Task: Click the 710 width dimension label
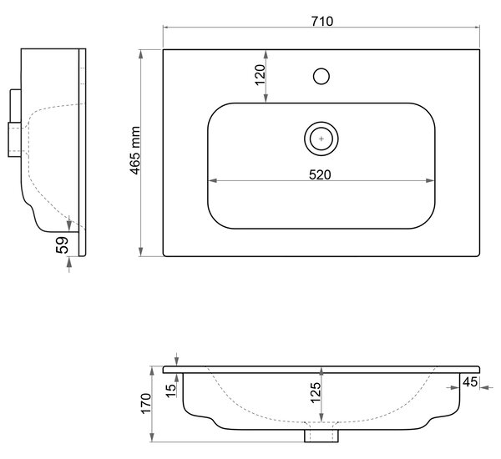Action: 322,21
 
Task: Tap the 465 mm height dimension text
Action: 135,150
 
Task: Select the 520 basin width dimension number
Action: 320,174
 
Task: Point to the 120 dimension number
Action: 260,75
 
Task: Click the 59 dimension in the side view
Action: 62,245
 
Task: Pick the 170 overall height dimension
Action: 145,403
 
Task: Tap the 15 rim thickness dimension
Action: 171,390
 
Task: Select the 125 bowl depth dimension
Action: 316,392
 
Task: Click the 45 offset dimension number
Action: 470,382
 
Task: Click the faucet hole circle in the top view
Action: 321,76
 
